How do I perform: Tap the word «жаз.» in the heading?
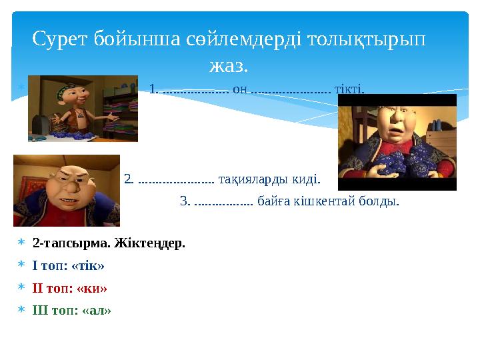228,66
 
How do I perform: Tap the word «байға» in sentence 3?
273,201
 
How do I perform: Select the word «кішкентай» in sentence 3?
319,201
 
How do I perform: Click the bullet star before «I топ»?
21,265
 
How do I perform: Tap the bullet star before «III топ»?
21,311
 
